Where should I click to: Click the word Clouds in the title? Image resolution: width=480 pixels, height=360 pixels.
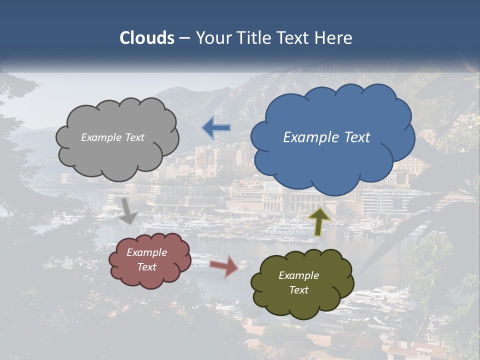[x=146, y=38]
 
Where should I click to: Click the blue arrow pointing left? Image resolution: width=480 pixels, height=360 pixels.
[x=216, y=127]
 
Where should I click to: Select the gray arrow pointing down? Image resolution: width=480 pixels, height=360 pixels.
[x=129, y=210]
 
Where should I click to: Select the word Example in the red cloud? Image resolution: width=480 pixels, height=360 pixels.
[x=147, y=252]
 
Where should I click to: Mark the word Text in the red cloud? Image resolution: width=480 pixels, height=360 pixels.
[x=147, y=267]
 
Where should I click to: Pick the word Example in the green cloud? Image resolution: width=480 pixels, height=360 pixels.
[x=298, y=275]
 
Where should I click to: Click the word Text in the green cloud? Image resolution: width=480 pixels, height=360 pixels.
[x=298, y=290]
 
